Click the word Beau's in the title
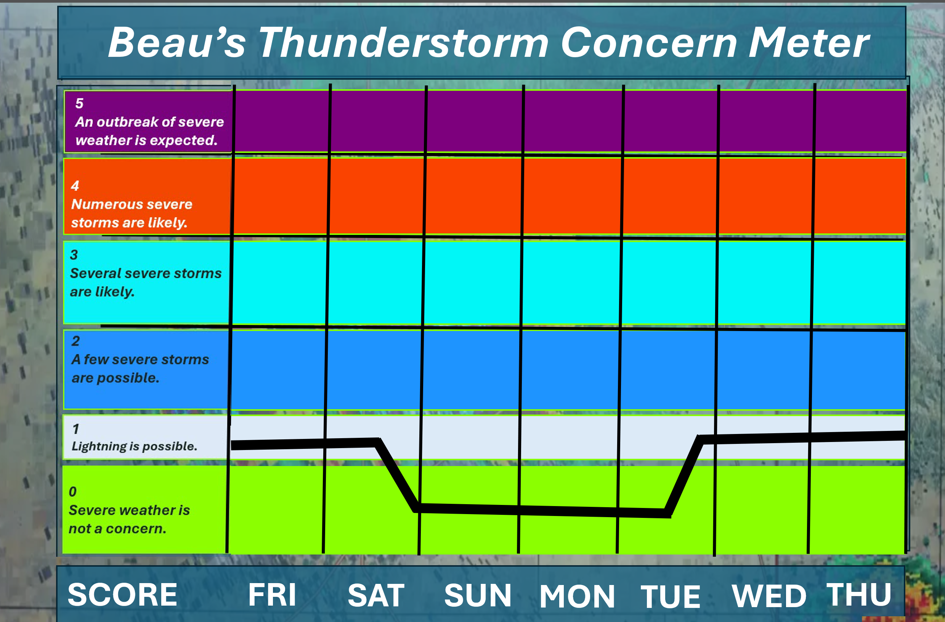[x=177, y=42]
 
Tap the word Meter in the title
[x=809, y=42]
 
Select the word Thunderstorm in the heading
[x=404, y=42]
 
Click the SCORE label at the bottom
[x=122, y=595]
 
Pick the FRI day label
[x=272, y=595]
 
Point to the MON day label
[x=577, y=596]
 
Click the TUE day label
[x=670, y=596]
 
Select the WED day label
[x=769, y=596]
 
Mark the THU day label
[x=859, y=595]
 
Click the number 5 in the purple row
[x=79, y=103]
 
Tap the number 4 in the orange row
[x=75, y=185]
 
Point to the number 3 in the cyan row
[x=74, y=255]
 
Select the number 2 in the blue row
[x=75, y=341]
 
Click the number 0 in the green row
[x=73, y=492]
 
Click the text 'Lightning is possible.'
[x=134, y=447]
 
